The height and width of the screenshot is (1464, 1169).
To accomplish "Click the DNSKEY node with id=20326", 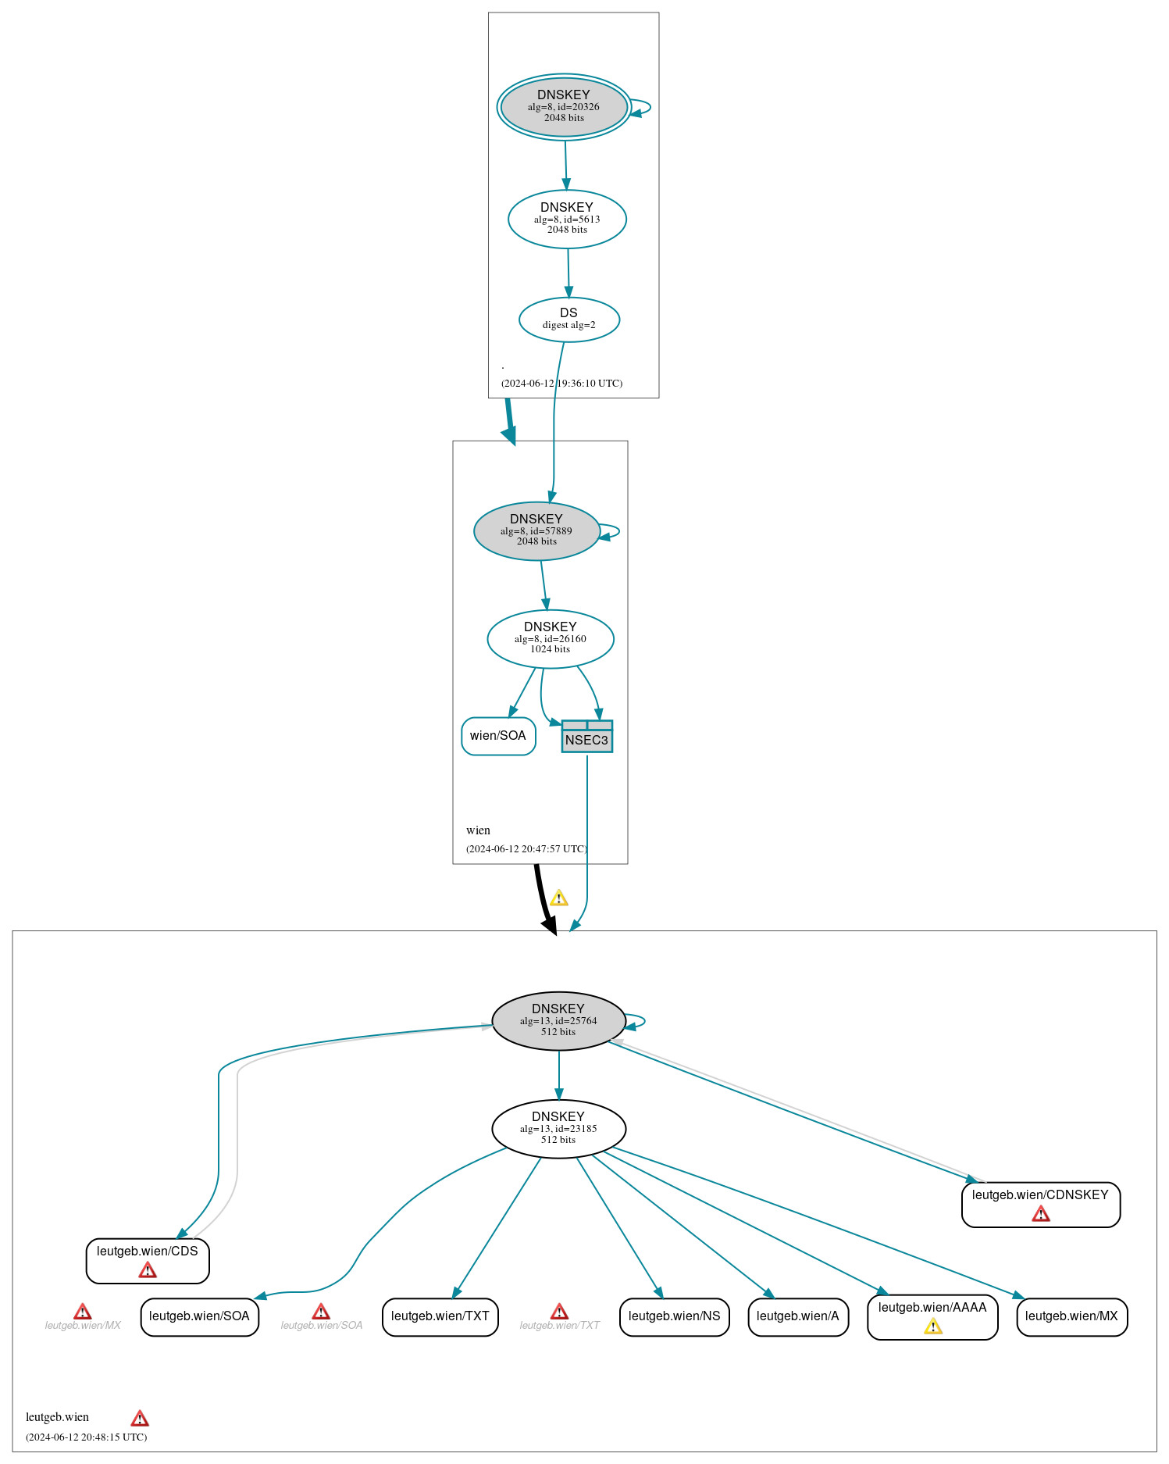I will (564, 107).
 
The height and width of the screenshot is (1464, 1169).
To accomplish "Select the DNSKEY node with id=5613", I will (567, 219).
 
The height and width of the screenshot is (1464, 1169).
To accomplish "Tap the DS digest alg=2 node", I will (568, 319).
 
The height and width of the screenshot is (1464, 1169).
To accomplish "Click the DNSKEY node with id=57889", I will (536, 530).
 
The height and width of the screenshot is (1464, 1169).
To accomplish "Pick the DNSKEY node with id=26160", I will (550, 638).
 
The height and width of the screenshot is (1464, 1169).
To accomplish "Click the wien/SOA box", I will (498, 736).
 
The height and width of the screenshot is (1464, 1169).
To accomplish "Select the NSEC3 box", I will (586, 737).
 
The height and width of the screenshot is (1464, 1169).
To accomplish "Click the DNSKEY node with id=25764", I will (558, 1020).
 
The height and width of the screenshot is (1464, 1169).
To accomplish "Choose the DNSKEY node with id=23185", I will (558, 1128).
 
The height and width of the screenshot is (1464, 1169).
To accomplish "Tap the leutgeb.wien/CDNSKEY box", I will (1040, 1204).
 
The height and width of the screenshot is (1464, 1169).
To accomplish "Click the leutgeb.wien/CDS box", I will (148, 1260).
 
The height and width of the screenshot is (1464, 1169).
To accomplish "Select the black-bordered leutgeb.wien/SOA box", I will (199, 1316).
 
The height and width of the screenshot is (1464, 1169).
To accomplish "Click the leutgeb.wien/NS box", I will (674, 1316).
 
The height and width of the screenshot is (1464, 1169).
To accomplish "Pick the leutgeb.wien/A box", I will (797, 1316).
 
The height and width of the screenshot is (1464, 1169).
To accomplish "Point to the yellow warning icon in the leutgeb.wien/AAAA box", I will (932, 1327).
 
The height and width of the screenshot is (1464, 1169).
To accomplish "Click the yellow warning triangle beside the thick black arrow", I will (558, 898).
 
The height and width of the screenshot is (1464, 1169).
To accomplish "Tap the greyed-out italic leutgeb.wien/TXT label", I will (559, 1326).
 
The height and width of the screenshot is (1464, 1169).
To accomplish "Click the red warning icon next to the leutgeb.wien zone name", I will (140, 1419).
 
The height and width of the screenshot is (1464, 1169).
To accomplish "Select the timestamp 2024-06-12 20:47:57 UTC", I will (526, 849).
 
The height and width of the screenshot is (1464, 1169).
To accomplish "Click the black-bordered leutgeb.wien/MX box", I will (1071, 1316).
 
